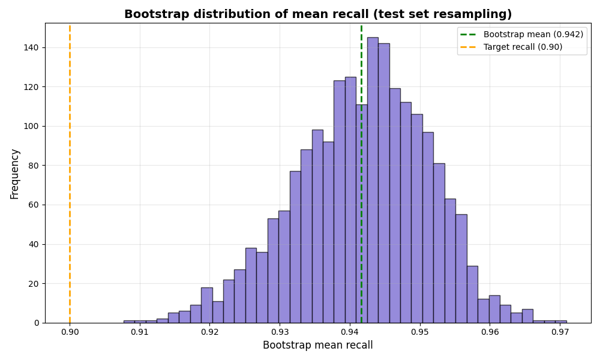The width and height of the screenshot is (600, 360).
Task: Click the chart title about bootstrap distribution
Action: (318, 14)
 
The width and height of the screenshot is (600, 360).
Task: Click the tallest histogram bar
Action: (373, 180)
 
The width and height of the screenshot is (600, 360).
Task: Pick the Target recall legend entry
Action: (523, 47)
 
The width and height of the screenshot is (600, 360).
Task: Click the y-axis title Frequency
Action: (15, 174)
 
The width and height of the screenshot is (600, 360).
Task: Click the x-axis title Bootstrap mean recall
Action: (317, 346)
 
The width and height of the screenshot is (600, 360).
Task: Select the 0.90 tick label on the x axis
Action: (70, 332)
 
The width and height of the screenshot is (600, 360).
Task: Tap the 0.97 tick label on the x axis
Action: (560, 332)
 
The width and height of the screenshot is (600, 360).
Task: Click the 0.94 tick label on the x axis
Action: (350, 332)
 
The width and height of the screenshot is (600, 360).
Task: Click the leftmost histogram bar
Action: (129, 322)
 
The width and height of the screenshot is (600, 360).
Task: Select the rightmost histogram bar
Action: (560, 322)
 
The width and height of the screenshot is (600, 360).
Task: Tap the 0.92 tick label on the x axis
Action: (210, 332)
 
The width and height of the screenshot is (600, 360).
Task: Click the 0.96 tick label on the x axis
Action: (490, 332)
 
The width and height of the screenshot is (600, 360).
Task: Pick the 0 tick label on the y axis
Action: (36, 323)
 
